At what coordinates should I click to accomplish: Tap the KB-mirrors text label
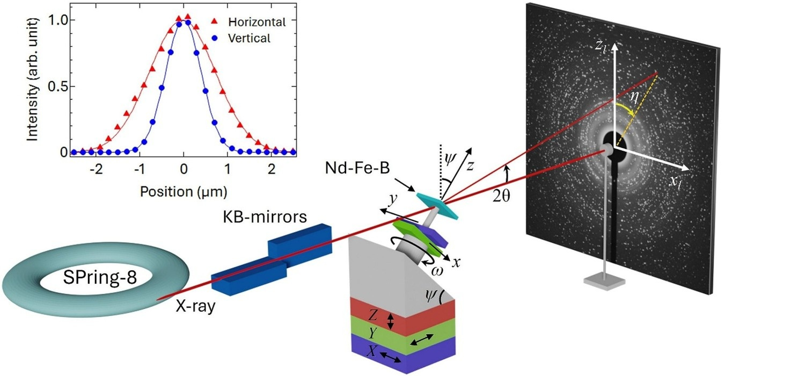coord(265,216)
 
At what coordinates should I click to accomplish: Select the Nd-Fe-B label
coord(357,168)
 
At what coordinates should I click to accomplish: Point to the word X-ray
coord(195,306)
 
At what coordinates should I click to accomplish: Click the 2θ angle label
coord(501,196)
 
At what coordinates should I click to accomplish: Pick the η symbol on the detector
coord(634,97)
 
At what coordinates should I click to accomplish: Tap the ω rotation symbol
coord(437,271)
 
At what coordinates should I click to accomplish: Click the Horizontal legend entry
coord(257,22)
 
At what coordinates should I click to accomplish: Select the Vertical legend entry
coord(249,38)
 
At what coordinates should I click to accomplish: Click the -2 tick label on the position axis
coord(96,169)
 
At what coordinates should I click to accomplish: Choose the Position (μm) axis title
coord(184,192)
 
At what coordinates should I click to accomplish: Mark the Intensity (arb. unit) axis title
coord(32,80)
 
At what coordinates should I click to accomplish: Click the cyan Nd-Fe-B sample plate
coord(437,206)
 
